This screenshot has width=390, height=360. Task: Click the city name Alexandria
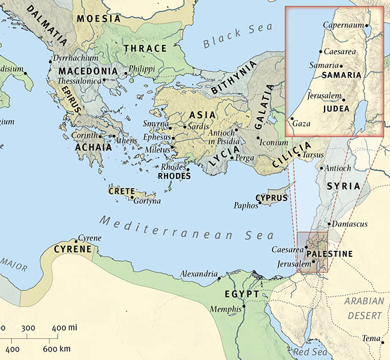(x=199, y=275)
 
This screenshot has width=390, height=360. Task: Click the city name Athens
(x=125, y=141)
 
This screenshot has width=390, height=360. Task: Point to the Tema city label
(x=370, y=338)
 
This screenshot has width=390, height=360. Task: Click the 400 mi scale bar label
(x=62, y=328)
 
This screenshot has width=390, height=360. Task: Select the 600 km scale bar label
(x=58, y=349)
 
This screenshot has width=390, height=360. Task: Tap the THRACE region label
(x=145, y=48)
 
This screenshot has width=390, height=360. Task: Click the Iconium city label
(x=274, y=143)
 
